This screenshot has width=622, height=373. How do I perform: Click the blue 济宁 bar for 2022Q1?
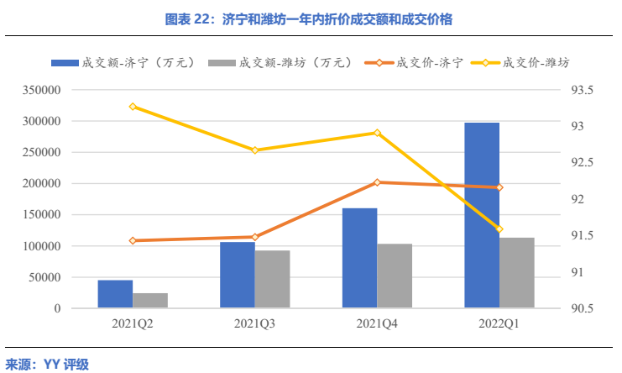point(481,215)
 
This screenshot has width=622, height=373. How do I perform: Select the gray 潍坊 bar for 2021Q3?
point(272,279)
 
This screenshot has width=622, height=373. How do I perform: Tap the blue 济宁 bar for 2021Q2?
point(115,294)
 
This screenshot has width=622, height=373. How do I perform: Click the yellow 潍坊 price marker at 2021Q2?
point(133,107)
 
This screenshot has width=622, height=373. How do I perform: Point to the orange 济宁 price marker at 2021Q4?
point(377,182)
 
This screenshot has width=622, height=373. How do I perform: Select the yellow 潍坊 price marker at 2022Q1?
point(499,229)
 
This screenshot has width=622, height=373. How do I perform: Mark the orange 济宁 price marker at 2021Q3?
point(255,237)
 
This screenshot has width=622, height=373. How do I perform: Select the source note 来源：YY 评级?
point(47,363)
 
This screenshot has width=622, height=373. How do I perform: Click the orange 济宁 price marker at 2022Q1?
point(499,187)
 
